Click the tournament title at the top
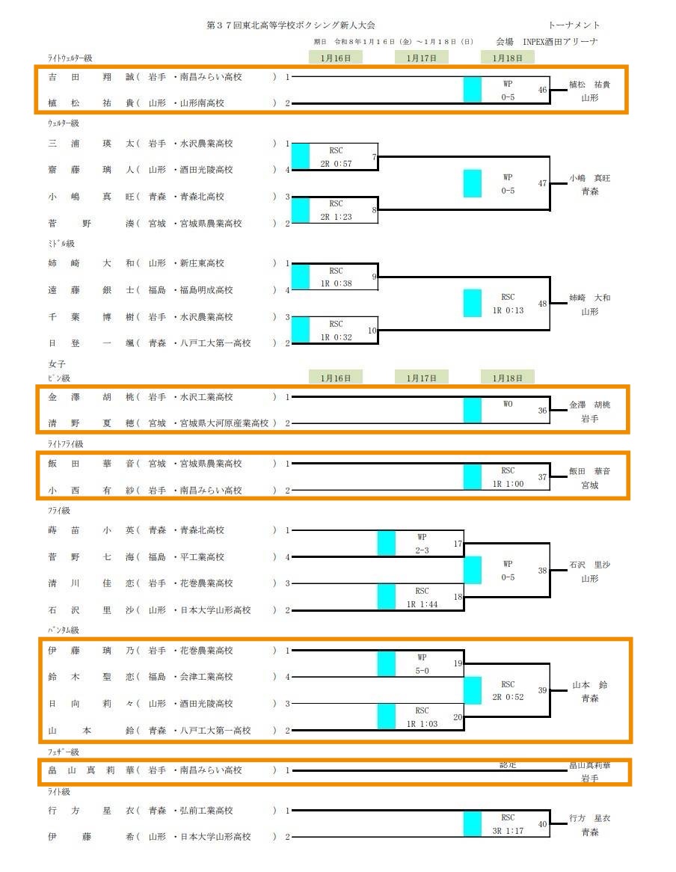click(291, 25)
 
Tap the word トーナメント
click(574, 25)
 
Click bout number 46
click(542, 90)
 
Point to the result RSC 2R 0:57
click(336, 157)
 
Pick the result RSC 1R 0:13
click(508, 304)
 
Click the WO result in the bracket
click(508, 404)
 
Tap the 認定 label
click(508, 765)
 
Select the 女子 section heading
click(57, 363)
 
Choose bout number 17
click(458, 544)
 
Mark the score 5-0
click(422, 671)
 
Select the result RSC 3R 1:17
click(508, 824)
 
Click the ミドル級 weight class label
click(62, 244)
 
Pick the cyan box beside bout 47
click(472, 183)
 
